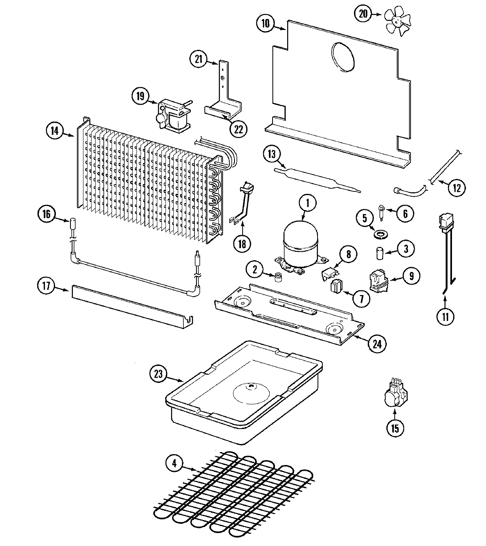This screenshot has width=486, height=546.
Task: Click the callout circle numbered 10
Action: tap(265, 23)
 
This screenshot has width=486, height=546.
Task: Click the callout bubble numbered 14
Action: tap(54, 130)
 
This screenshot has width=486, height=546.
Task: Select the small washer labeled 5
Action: tap(380, 234)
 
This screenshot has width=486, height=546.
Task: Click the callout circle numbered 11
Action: tap(446, 317)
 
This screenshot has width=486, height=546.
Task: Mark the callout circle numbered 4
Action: tap(175, 463)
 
